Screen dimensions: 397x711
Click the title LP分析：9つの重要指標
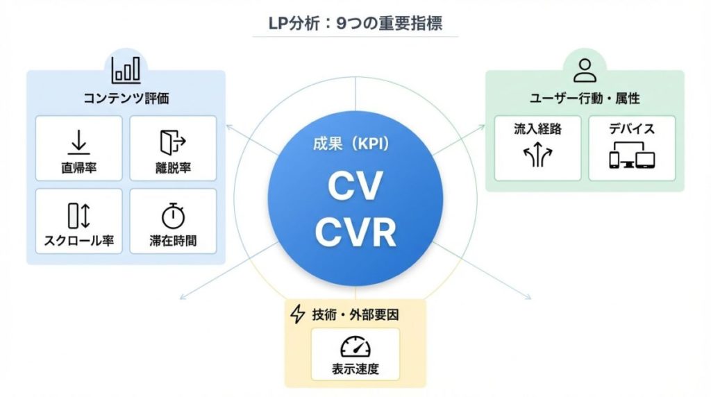[355, 23]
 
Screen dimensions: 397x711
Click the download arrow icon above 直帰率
[78, 142]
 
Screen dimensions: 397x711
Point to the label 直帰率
[78, 168]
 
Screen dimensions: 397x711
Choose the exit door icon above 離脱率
[173, 142]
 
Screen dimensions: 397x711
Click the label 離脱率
[173, 168]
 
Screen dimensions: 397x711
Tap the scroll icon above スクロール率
[78, 216]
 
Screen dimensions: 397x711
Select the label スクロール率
[78, 242]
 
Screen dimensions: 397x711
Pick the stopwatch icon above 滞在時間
[173, 217]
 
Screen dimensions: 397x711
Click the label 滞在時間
[173, 242]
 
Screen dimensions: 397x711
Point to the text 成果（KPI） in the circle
[355, 145]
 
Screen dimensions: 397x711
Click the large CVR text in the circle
[355, 232]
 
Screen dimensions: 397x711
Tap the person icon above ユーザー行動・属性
[585, 69]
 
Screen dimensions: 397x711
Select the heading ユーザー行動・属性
[584, 99]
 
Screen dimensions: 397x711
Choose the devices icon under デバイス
[632, 158]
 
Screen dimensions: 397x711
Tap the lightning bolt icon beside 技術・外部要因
[297, 315]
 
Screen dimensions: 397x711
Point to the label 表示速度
[355, 369]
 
